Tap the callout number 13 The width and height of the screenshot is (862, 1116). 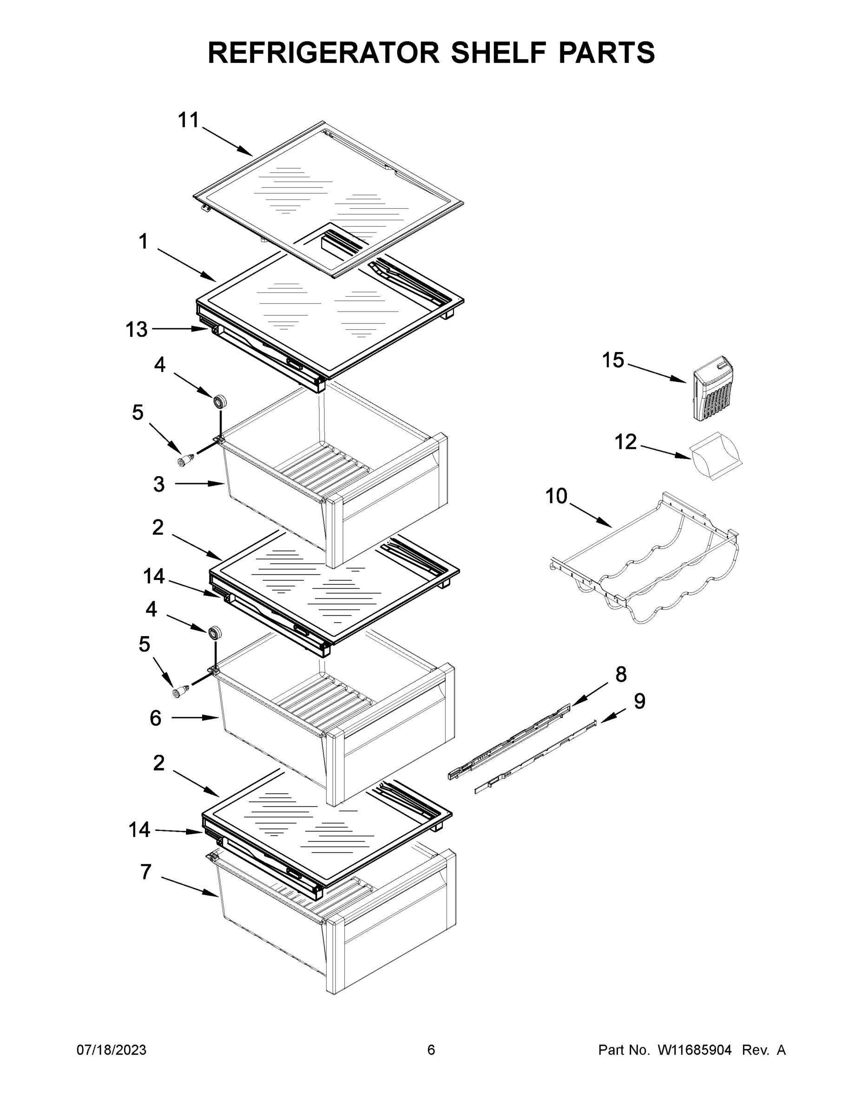136,330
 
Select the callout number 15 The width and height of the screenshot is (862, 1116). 613,360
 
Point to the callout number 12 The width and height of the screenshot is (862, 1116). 625,442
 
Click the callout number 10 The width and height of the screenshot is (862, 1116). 556,496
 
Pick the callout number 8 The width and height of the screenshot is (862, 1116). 621,675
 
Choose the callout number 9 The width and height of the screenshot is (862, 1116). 639,702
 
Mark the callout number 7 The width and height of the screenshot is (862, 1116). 146,872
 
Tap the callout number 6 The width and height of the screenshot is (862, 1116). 156,718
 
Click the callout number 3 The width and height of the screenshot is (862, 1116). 159,484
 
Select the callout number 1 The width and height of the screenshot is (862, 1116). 144,242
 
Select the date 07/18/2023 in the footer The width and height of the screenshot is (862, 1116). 112,1050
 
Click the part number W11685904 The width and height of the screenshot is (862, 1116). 695,1050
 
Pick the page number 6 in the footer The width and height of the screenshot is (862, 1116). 431,1050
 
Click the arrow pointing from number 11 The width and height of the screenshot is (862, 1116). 227,141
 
